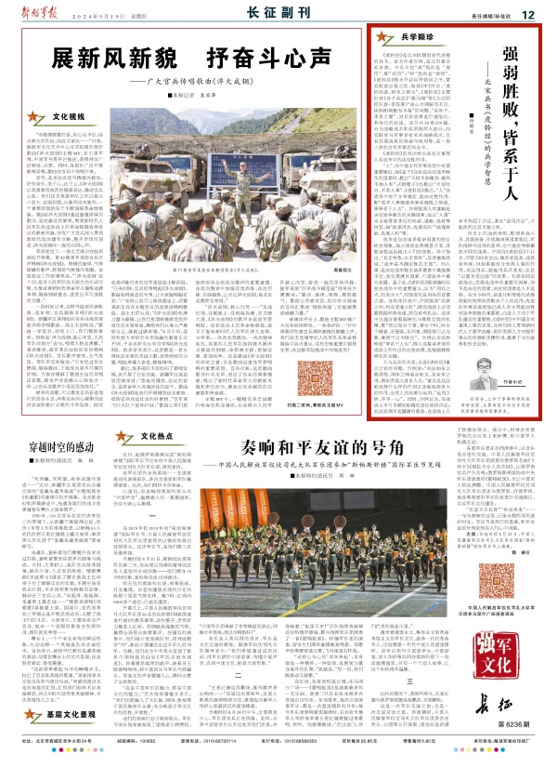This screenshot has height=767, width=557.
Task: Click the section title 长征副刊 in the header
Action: (x=275, y=14)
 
